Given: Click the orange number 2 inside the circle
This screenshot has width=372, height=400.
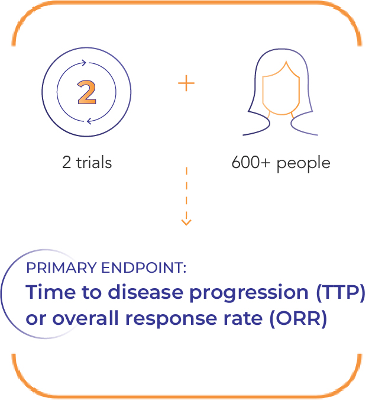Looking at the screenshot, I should [86, 92].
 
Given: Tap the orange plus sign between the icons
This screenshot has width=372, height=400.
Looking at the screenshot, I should [186, 83].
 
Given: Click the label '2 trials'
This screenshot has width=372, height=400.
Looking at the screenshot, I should [86, 163].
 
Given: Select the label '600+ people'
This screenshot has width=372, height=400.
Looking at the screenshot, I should [281, 163].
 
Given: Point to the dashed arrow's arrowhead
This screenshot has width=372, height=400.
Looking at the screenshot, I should [186, 222].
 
